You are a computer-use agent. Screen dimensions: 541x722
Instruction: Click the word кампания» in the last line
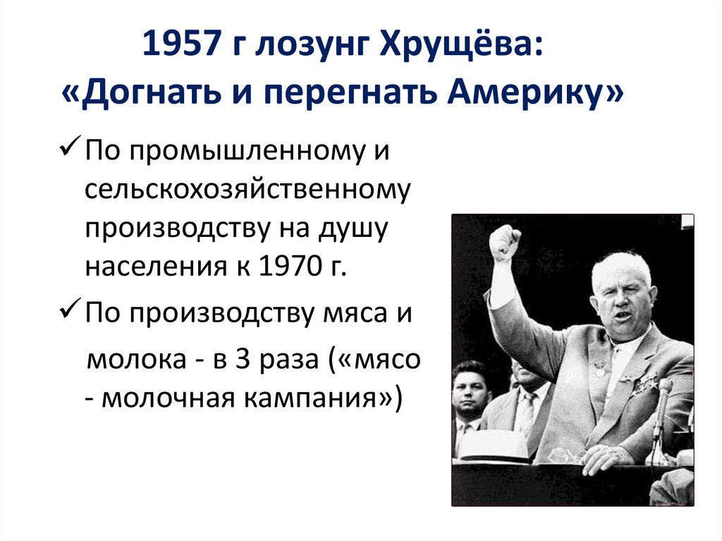[331, 399]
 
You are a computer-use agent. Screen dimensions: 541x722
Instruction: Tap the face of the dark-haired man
[471, 390]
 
